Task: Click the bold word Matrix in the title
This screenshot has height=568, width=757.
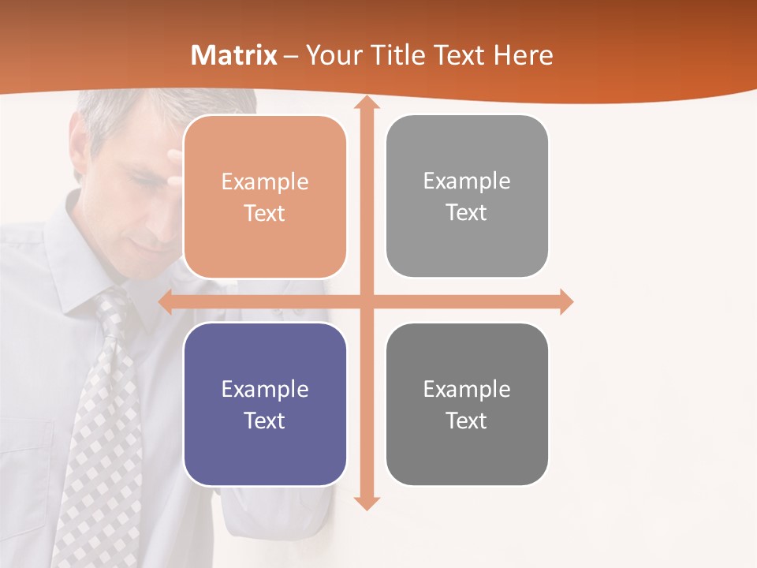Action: [x=234, y=55]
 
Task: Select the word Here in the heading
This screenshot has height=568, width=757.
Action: [x=524, y=55]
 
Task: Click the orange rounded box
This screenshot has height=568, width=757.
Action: [x=265, y=196]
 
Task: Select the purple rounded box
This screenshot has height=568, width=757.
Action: [x=265, y=405]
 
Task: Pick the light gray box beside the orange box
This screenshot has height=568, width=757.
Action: [x=467, y=196]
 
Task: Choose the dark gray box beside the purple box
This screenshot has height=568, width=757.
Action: [x=467, y=405]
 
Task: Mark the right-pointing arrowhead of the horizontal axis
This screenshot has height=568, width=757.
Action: [x=566, y=301]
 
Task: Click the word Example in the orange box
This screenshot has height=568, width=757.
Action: [x=265, y=182]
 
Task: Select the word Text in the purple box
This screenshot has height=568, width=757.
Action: [x=265, y=420]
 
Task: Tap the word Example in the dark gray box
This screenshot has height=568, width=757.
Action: [x=467, y=389]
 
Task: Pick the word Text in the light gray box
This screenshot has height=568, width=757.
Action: [x=467, y=212]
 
